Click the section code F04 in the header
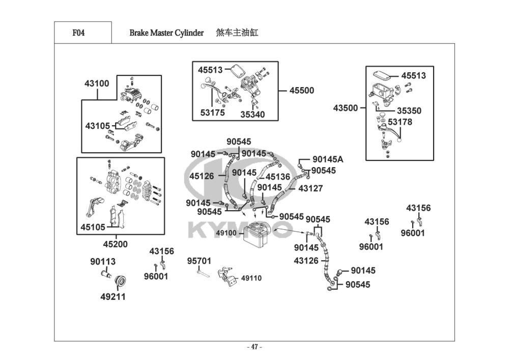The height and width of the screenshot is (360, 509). click(x=78, y=34)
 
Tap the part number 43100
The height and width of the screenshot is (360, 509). click(x=97, y=84)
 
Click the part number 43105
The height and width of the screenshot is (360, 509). click(x=97, y=125)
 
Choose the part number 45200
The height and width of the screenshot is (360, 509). click(x=115, y=244)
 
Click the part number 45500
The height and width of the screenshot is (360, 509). click(x=302, y=91)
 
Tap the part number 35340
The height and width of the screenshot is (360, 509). click(x=252, y=115)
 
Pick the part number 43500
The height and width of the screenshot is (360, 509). click(x=346, y=108)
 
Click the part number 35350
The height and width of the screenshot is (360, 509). click(x=409, y=110)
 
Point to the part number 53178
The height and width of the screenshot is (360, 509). click(x=400, y=122)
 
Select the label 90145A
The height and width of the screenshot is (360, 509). click(x=328, y=159)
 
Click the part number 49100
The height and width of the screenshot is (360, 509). click(x=226, y=233)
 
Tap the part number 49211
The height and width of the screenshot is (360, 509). click(x=112, y=297)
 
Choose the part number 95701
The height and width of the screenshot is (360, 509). click(x=199, y=261)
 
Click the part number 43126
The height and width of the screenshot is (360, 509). click(x=306, y=261)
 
